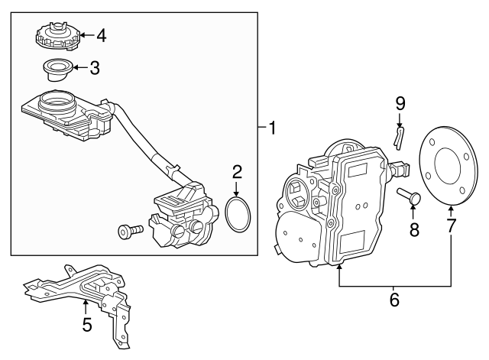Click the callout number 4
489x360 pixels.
pyautogui.click(x=102, y=36)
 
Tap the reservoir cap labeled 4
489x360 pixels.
pyautogui.click(x=58, y=36)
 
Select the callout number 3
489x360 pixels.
pyautogui.click(x=95, y=68)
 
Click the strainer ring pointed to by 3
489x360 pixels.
pyautogui.click(x=58, y=70)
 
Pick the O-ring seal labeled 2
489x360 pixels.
pyautogui.click(x=238, y=214)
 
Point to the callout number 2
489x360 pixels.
pyautogui.click(x=237, y=172)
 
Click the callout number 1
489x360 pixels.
pyautogui.click(x=272, y=128)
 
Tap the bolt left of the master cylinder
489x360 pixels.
pyautogui.click(x=131, y=232)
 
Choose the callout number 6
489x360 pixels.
pyautogui.click(x=394, y=300)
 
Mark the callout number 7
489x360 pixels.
pyautogui.click(x=451, y=225)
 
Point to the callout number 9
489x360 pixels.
pyautogui.click(x=400, y=104)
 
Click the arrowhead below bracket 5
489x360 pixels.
pyautogui.click(x=85, y=301)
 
